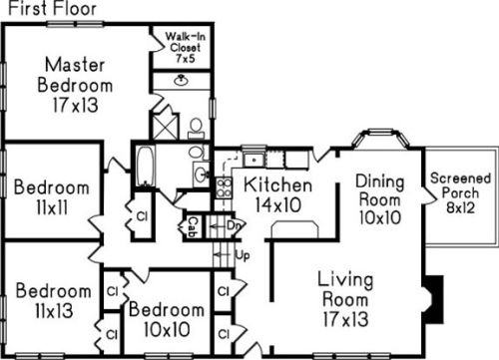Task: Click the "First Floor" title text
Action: (x=52, y=8)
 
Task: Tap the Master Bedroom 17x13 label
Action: (x=75, y=85)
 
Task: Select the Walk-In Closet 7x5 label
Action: (x=186, y=47)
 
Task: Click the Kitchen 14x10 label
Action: (x=277, y=194)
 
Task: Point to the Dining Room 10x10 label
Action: (x=380, y=199)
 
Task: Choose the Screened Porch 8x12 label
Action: (x=461, y=192)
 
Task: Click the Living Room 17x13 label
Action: (x=345, y=299)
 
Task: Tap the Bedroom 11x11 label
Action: (x=52, y=197)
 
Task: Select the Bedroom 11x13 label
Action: (x=54, y=300)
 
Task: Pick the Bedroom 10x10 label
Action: (x=167, y=319)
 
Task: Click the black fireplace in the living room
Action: (x=434, y=299)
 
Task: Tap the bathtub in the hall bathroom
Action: (x=146, y=167)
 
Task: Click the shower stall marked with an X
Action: (x=165, y=127)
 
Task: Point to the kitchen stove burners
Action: (x=224, y=187)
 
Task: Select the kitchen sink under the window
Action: (x=253, y=160)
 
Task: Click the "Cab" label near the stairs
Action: (x=193, y=227)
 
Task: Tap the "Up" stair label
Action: (x=243, y=255)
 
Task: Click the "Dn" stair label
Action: (x=234, y=225)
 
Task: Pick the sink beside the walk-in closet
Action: (x=182, y=80)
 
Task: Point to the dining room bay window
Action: (x=380, y=138)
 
